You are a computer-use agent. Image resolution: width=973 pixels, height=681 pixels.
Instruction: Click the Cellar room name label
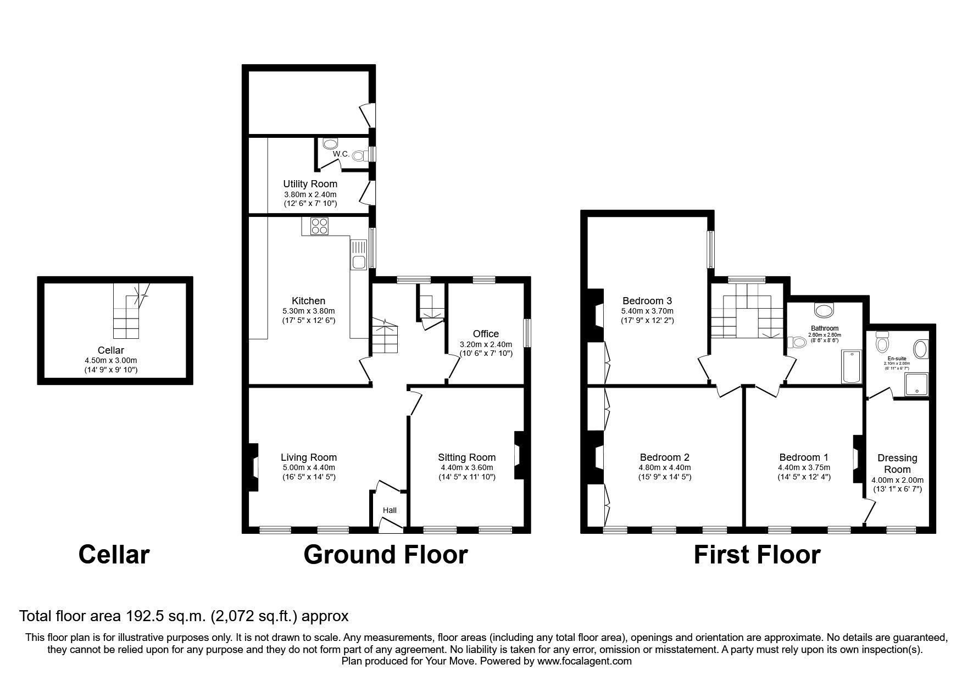(x=110, y=350)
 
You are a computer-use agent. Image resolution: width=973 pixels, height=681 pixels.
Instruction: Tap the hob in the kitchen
(x=319, y=226)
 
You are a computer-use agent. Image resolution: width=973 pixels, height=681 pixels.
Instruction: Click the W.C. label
(x=341, y=154)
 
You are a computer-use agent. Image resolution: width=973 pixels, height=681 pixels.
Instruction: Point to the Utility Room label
(x=310, y=184)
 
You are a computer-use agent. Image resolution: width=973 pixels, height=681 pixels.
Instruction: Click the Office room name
(x=486, y=333)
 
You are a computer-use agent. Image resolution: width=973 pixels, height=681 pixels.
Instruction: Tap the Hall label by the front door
(x=390, y=510)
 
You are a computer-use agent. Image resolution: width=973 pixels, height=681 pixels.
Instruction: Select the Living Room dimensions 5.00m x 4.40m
(x=308, y=467)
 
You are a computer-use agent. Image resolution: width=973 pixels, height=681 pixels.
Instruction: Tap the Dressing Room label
(x=897, y=464)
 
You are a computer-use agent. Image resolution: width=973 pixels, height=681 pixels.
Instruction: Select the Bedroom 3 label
(x=647, y=300)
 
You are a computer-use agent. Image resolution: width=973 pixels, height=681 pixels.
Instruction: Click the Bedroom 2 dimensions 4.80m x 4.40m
(x=664, y=467)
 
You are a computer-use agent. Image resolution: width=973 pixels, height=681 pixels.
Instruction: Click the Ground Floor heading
(x=385, y=555)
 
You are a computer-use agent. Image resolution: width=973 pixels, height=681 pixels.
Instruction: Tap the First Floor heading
(x=757, y=555)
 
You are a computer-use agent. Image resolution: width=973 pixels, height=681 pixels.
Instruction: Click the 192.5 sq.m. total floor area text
(x=164, y=616)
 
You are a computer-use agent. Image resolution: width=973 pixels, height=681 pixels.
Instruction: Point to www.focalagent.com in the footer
(x=585, y=661)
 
